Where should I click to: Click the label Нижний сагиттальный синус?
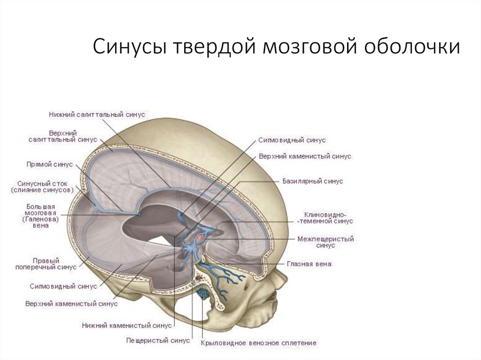[97, 114]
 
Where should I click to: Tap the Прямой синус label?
[49, 164]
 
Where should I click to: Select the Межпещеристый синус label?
[325, 242]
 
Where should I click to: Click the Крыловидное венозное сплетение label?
[258, 343]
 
